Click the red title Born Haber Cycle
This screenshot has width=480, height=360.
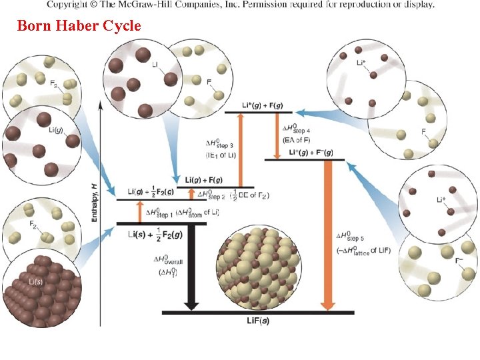tap(79, 26)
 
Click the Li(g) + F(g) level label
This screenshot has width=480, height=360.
tap(203, 181)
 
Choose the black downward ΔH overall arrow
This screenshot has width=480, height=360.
tap(191, 267)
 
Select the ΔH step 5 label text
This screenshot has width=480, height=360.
tap(351, 237)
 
